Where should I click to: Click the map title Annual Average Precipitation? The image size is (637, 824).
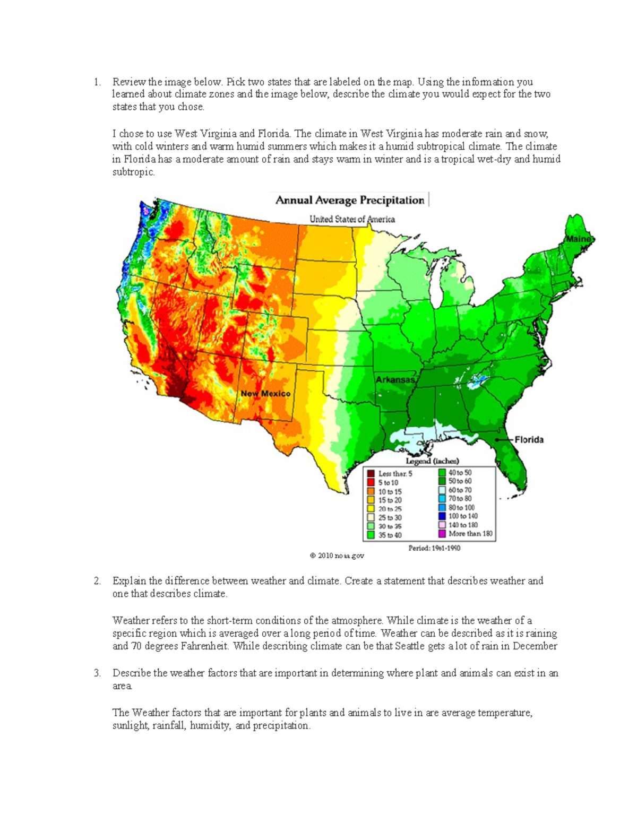[349, 201]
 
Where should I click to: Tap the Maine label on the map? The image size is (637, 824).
[578, 239]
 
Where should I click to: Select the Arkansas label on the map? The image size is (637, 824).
[395, 380]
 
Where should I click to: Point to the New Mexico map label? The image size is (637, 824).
[265, 394]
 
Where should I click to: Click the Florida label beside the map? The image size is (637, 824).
[529, 440]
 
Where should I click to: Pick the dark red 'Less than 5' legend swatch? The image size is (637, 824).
[371, 474]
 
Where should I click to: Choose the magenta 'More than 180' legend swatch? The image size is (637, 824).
[442, 534]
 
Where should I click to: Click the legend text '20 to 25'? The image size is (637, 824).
[390, 509]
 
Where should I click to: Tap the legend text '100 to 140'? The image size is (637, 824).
[463, 516]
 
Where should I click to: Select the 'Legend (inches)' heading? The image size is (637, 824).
[433, 461]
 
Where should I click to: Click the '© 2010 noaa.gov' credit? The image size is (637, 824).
[337, 556]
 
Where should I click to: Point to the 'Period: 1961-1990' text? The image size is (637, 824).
[434, 548]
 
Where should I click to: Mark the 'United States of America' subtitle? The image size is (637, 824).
[352, 219]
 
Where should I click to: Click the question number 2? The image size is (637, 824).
[97, 581]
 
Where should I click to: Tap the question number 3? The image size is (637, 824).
[97, 673]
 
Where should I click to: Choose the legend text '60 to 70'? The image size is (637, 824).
[460, 490]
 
